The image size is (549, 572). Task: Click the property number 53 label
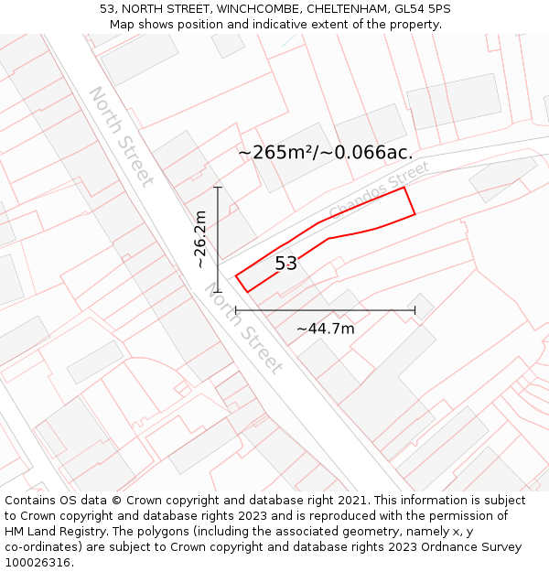(x=286, y=264)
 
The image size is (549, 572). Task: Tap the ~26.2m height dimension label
(x=200, y=240)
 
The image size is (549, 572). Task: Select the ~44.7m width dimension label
(x=325, y=329)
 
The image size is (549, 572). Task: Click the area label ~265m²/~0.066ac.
(x=326, y=153)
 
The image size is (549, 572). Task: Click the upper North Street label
(x=120, y=136)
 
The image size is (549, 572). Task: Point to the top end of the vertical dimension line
(x=218, y=188)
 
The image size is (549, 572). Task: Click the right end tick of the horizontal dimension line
(x=414, y=310)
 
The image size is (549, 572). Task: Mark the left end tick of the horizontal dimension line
(x=236, y=310)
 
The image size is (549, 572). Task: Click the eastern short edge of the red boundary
(x=410, y=201)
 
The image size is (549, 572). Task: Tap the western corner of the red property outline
(x=236, y=275)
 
